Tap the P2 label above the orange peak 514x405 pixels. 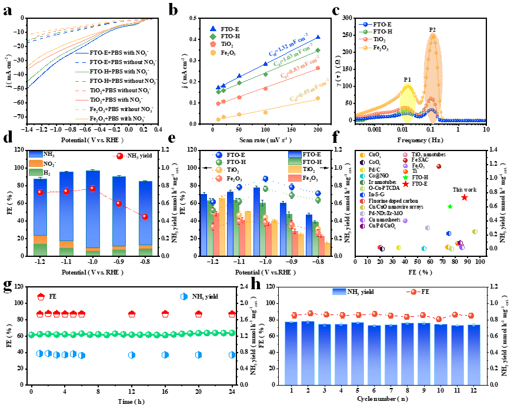click(x=432, y=29)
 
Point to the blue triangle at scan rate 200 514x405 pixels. click(x=318, y=37)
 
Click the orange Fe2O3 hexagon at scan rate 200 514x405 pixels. click(x=318, y=98)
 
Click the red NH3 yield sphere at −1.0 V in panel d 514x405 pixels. click(x=93, y=189)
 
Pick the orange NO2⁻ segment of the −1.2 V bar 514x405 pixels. click(x=41, y=239)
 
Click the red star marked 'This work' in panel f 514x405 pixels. click(x=465, y=198)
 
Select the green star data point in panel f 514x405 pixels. click(x=450, y=206)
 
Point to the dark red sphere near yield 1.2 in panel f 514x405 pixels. click(x=439, y=166)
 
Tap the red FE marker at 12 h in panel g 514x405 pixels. click(x=132, y=314)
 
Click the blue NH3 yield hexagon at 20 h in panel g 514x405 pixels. click(x=199, y=354)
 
